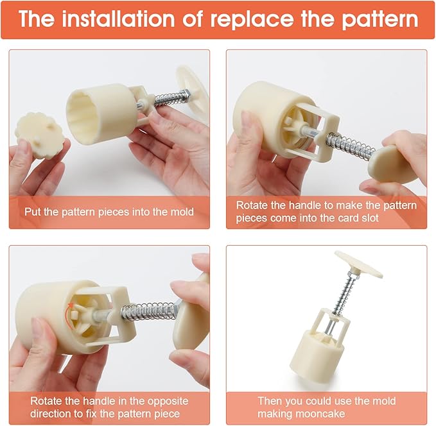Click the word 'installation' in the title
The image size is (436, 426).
click(118, 19)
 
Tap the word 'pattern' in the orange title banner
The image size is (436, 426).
click(380, 20)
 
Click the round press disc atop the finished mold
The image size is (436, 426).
click(358, 264)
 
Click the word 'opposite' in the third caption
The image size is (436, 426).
click(168, 401)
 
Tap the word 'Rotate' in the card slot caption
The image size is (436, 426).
click(252, 205)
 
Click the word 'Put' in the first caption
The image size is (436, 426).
click(33, 212)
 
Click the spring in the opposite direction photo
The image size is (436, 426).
click(149, 310)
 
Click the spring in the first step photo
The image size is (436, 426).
click(168, 98)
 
